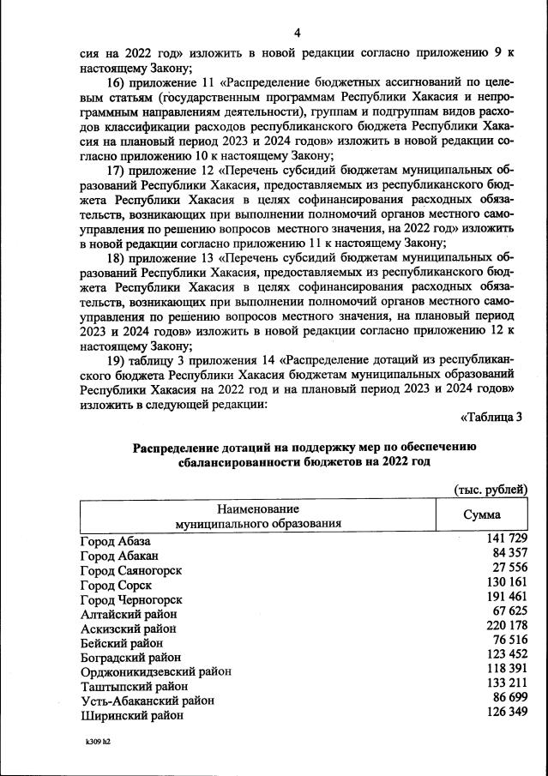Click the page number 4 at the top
pos(297,33)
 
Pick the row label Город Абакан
pos(118,556)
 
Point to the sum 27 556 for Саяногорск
pos(506,567)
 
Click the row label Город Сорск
pos(116,585)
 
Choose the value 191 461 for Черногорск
pos(503,596)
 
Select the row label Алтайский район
pos(129,614)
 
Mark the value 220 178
pos(503,625)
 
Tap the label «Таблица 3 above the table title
pos(491,418)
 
